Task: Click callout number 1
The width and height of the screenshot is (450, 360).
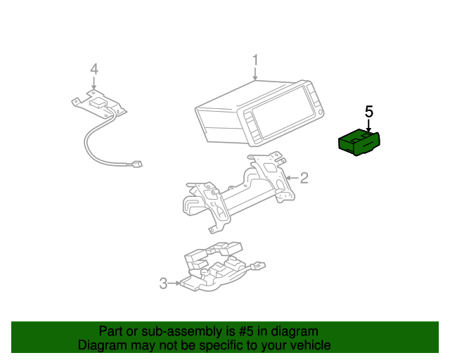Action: (x=255, y=60)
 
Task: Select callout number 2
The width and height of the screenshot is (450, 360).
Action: (x=304, y=178)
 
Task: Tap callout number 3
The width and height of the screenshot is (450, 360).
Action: (x=163, y=283)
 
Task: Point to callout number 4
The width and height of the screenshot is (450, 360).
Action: (x=94, y=69)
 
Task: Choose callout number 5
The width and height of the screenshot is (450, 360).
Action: (x=369, y=111)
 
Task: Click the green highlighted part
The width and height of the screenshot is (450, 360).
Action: (x=359, y=143)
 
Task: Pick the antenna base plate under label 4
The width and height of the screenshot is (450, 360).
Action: (x=101, y=104)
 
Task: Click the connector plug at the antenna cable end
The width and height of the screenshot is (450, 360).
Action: (x=137, y=165)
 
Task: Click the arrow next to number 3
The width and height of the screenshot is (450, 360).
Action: (x=174, y=283)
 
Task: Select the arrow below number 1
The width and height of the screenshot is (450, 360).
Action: (x=255, y=73)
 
